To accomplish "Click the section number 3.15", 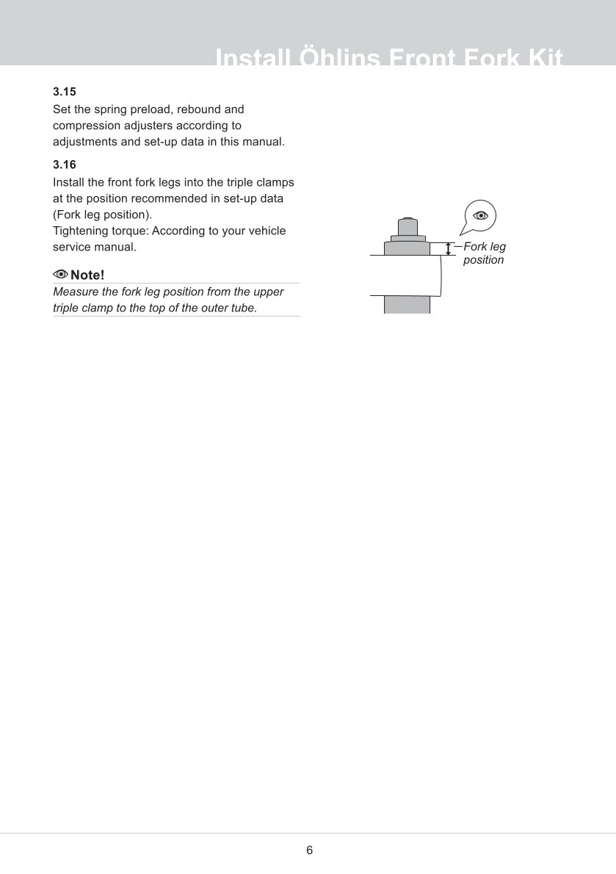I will [x=65, y=93].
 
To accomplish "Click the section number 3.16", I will [x=65, y=165].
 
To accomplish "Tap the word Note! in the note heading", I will [x=87, y=275].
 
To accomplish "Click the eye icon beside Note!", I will [x=61, y=275].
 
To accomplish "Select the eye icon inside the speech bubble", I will [x=481, y=215].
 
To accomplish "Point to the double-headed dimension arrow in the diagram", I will [x=448, y=249].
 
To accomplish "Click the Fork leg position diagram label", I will [x=484, y=253].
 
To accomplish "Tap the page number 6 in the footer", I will [x=309, y=850].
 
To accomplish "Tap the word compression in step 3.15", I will [x=85, y=126].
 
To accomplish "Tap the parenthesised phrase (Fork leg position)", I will [x=103, y=214].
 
